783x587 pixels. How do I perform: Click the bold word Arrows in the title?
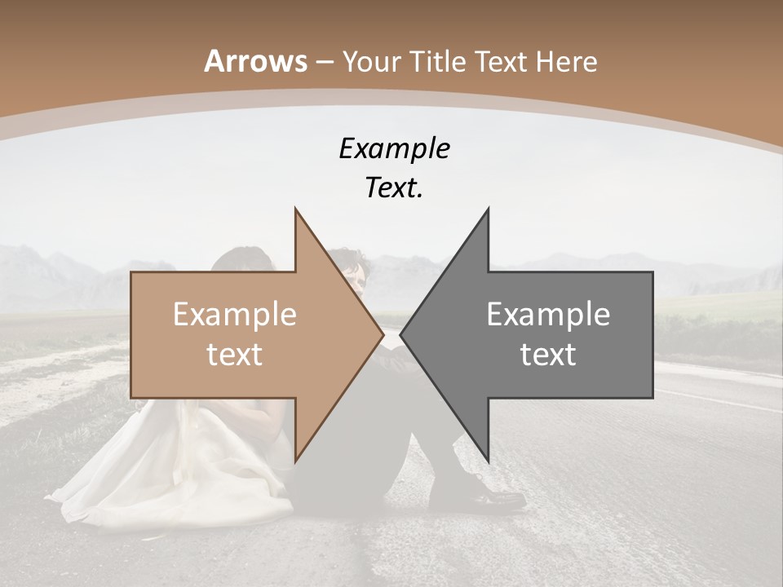pyautogui.click(x=256, y=61)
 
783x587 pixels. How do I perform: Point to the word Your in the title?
pyautogui.click(x=370, y=62)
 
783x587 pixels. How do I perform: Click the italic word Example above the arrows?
pyautogui.click(x=394, y=148)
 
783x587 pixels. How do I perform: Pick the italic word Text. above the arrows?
pyautogui.click(x=394, y=188)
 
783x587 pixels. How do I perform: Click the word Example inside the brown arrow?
pyautogui.click(x=234, y=315)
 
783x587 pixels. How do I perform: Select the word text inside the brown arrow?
pyautogui.click(x=234, y=355)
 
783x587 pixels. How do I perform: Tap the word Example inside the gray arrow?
pyautogui.click(x=548, y=315)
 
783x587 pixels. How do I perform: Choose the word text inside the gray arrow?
pyautogui.click(x=548, y=355)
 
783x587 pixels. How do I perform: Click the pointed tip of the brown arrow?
pyautogui.click(x=383, y=334)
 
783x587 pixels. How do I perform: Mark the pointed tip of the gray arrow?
pyautogui.click(x=401, y=334)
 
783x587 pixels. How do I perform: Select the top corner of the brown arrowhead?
pyautogui.click(x=295, y=210)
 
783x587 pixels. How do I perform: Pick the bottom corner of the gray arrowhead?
pyautogui.click(x=488, y=461)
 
